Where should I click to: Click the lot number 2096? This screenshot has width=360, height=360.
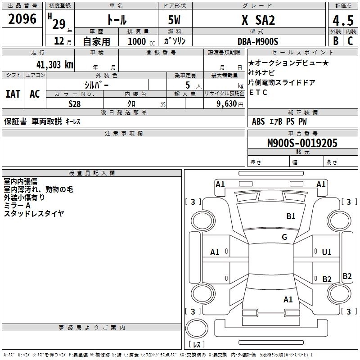[x=22, y=19]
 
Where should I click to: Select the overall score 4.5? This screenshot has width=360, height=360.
[x=342, y=20]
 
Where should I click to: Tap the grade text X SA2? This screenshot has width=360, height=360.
[x=258, y=20]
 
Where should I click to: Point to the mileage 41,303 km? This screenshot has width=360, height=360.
[x=53, y=64]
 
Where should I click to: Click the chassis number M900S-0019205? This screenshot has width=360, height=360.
[x=302, y=143]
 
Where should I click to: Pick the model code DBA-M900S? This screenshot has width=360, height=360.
[x=258, y=41]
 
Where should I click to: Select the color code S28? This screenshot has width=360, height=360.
[x=74, y=104]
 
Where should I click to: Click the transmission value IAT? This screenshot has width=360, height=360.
[x=13, y=94]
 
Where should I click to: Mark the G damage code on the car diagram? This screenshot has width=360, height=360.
[x=284, y=237]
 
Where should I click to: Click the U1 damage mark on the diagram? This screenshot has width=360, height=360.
[x=327, y=252]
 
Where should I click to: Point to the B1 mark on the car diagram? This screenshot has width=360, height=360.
[x=291, y=216]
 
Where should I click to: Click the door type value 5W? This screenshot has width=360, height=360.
[x=175, y=20]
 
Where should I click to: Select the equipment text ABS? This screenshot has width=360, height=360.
[x=258, y=121]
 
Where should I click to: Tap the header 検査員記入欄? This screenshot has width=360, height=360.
[x=92, y=173]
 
